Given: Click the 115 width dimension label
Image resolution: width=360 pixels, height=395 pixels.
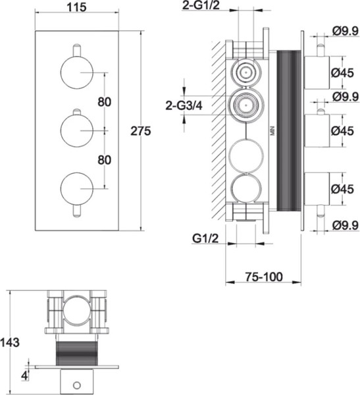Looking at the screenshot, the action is (x=76, y=7).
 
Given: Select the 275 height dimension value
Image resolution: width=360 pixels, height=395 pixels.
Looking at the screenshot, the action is (x=141, y=131).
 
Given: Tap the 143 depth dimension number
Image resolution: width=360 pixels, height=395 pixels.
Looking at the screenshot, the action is (x=10, y=342).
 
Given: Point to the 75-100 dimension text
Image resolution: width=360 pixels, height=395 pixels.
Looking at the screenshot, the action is (x=264, y=277).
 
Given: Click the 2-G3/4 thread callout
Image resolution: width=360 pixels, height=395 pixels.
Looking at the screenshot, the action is (x=184, y=106).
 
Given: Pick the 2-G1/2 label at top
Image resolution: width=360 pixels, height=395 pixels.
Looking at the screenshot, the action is (x=201, y=5).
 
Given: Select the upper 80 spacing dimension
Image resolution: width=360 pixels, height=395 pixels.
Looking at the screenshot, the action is (x=104, y=102).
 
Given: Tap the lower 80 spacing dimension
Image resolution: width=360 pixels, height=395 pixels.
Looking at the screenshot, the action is (x=104, y=160).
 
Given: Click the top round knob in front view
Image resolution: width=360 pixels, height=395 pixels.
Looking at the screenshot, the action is (x=77, y=72).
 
